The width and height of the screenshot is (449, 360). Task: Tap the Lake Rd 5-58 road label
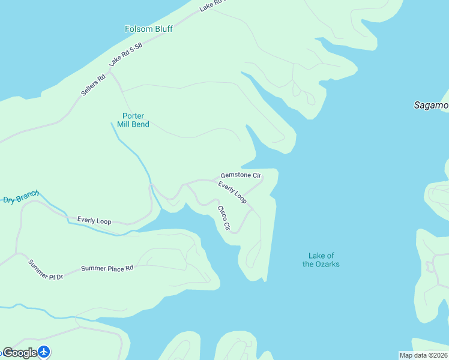(126, 54)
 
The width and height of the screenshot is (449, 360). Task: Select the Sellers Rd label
(94, 85)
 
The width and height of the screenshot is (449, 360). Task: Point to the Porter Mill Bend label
(133, 120)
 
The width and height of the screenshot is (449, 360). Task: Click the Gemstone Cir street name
(241, 176)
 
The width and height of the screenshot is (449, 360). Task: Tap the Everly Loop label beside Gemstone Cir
(232, 192)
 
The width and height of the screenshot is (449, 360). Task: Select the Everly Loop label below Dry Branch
(94, 221)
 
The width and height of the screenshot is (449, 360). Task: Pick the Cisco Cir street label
(223, 218)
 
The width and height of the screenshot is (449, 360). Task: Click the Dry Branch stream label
(21, 197)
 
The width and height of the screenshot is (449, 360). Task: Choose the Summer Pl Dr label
(46, 269)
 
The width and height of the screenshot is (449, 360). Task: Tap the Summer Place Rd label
(107, 269)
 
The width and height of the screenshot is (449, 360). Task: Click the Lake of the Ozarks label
(321, 260)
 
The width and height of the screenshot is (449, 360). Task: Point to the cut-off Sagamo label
(431, 105)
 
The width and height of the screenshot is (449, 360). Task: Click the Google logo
(20, 353)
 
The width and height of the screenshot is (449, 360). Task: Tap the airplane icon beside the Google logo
(44, 352)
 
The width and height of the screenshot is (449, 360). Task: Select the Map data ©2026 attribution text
(423, 355)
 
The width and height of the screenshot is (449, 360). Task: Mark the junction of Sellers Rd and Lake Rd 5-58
(110, 71)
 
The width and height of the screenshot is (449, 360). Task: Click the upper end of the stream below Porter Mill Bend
(112, 123)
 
